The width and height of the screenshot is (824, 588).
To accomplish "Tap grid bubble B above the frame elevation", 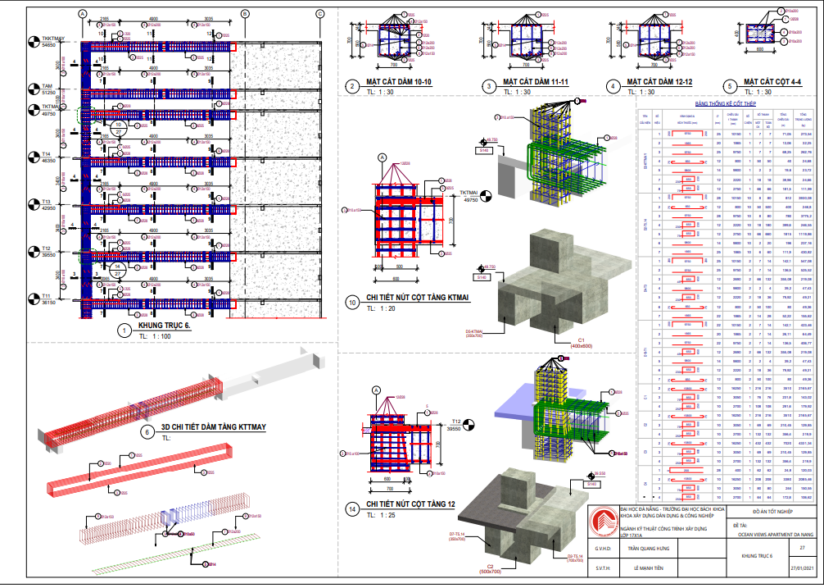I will (x=246, y=14).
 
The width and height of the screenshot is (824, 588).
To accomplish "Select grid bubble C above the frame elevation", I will (x=320, y=14).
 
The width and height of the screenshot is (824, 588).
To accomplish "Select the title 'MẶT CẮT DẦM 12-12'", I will (x=659, y=83).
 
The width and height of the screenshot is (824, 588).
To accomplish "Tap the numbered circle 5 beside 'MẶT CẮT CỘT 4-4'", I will (x=729, y=85).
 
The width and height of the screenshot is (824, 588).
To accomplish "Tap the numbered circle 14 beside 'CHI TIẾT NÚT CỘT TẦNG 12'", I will (x=352, y=508).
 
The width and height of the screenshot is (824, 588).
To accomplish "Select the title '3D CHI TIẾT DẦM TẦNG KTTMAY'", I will (x=214, y=428).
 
